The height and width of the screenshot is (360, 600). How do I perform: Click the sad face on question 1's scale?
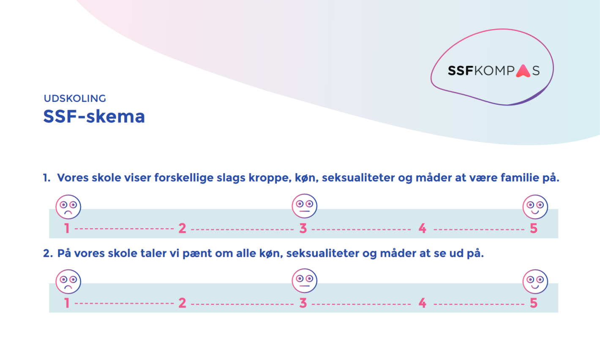pyautogui.click(x=68, y=207)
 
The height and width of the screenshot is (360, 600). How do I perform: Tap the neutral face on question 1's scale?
pyautogui.click(x=304, y=206)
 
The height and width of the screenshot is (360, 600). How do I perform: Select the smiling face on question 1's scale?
pyautogui.click(x=535, y=207)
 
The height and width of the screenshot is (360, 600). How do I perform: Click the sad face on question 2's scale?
pyautogui.click(x=68, y=281)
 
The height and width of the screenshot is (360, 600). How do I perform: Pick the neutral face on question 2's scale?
pyautogui.click(x=304, y=281)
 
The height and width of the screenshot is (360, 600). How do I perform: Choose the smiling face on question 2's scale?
pyautogui.click(x=535, y=281)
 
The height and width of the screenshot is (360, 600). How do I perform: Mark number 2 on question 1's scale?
pyautogui.click(x=182, y=229)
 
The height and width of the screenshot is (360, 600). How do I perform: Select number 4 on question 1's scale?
pyautogui.click(x=422, y=229)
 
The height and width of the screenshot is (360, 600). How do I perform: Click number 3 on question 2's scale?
pyautogui.click(x=303, y=303)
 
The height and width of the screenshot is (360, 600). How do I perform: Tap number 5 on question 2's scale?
pyautogui.click(x=534, y=303)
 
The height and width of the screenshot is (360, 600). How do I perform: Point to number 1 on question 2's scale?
pyautogui.click(x=67, y=303)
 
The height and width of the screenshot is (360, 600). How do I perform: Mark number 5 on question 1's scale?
pyautogui.click(x=534, y=229)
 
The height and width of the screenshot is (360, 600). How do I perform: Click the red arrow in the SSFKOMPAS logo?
pyautogui.click(x=523, y=71)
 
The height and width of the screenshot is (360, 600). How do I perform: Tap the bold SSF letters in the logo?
pyautogui.click(x=461, y=71)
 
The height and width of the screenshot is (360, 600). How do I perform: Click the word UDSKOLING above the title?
pyautogui.click(x=75, y=98)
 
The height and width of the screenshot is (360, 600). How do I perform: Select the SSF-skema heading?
pyautogui.click(x=94, y=116)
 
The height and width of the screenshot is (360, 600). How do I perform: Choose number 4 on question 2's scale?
pyautogui.click(x=422, y=303)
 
